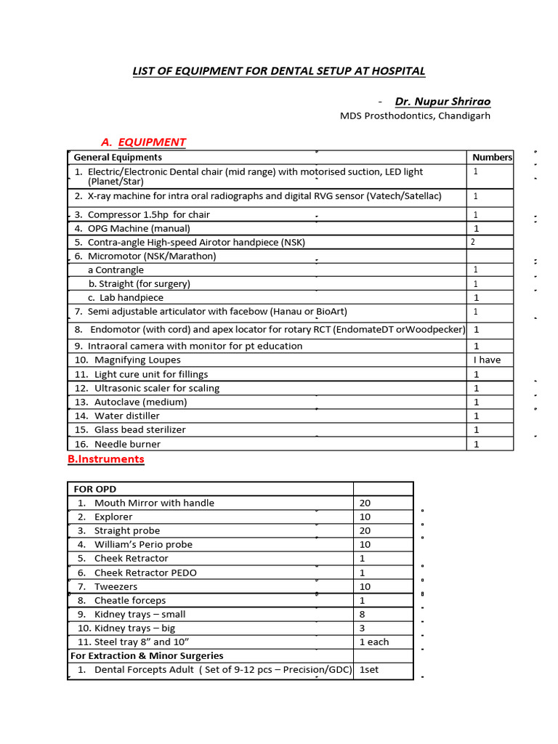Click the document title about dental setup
pyautogui.click(x=278, y=70)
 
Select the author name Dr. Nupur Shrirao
pyautogui.click(x=442, y=101)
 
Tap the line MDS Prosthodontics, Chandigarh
pyautogui.click(x=415, y=116)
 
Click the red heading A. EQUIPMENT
pyautogui.click(x=144, y=142)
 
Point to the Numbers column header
pyautogui.click(x=491, y=157)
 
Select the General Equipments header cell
pyautogui.click(x=118, y=157)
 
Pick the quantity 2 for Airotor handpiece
pyautogui.click(x=474, y=242)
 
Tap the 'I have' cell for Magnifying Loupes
pyautogui.click(x=487, y=360)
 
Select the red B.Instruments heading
pyautogui.click(x=106, y=459)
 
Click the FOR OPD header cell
pyautogui.click(x=95, y=489)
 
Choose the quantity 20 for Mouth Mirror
pyautogui.click(x=365, y=503)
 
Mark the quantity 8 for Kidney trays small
pyautogui.click(x=363, y=614)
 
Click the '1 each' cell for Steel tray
pyautogui.click(x=374, y=642)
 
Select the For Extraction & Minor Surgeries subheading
pyautogui.click(x=147, y=655)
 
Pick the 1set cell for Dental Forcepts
pyautogui.click(x=369, y=669)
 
